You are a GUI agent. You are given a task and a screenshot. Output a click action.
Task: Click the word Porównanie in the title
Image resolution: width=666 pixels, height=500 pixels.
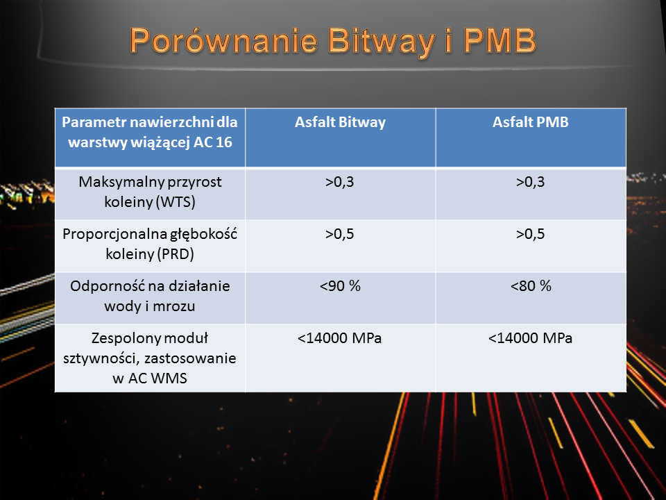point(224,41)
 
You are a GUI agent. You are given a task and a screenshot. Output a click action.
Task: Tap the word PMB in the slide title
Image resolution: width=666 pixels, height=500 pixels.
point(500,41)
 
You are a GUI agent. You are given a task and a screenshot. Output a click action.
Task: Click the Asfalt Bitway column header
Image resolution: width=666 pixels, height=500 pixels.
point(340,122)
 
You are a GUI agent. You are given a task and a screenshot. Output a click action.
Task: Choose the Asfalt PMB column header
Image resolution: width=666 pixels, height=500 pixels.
point(531,122)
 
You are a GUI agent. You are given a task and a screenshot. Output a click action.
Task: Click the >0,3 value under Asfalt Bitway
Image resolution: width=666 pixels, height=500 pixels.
point(340,182)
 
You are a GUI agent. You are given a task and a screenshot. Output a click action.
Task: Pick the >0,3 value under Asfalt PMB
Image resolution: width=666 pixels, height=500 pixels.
point(531,182)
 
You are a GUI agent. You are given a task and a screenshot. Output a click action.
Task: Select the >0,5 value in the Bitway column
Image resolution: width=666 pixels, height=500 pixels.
point(340,234)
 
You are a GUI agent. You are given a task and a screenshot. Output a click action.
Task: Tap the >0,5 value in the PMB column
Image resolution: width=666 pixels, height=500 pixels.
point(531,234)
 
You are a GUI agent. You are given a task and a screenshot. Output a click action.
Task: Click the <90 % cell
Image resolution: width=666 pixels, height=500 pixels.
point(340,286)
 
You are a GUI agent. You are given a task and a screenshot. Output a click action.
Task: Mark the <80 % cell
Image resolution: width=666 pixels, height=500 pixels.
point(531,286)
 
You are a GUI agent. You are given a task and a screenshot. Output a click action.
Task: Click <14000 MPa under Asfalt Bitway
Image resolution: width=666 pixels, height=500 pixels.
point(340,338)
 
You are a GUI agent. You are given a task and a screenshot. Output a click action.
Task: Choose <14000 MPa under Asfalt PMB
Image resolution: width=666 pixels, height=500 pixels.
point(531,338)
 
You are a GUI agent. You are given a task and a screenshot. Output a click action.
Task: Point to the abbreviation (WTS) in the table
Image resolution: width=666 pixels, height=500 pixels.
point(176,202)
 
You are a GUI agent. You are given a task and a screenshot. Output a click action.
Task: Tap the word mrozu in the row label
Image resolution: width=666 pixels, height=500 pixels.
point(173,306)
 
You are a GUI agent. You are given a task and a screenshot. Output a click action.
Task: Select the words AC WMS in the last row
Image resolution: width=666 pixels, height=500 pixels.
point(157,378)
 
